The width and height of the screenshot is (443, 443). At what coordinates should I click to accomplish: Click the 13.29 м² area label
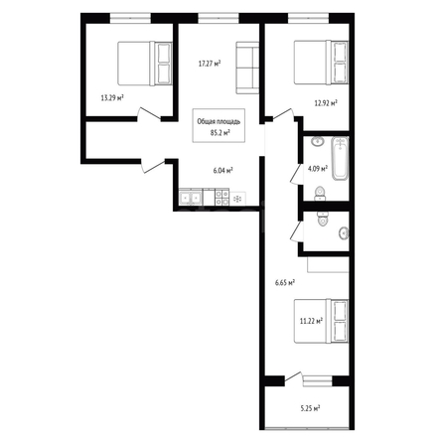[112, 97]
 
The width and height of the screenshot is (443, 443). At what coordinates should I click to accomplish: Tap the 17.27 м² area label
[210, 64]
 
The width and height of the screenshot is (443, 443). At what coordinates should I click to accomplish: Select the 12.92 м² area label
[326, 103]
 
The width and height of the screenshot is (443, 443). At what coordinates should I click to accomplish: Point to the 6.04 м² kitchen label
[222, 171]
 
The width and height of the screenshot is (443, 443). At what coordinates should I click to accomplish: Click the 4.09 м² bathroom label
[318, 169]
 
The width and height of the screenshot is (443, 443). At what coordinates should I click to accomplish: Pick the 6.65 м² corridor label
[285, 283]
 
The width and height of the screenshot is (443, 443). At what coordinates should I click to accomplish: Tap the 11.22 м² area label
[311, 321]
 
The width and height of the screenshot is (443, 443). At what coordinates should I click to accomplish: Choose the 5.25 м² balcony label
[310, 408]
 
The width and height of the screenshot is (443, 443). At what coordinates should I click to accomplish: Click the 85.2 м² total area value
[221, 133]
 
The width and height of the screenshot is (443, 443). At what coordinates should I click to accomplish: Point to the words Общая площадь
[219, 122]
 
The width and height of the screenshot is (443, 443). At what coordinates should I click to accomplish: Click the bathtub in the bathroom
[340, 158]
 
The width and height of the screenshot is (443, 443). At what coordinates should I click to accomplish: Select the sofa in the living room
[247, 68]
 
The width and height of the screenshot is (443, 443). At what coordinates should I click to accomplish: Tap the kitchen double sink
[191, 198]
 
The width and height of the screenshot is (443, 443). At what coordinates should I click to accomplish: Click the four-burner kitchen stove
[221, 198]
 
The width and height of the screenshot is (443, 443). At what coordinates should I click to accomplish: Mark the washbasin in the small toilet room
[344, 232]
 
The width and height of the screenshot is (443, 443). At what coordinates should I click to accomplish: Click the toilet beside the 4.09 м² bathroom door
[320, 194]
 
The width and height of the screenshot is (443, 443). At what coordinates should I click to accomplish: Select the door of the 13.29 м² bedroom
[150, 114]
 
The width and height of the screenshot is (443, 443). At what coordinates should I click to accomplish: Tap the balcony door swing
[294, 377]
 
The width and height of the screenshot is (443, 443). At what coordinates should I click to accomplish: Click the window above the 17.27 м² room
[219, 18]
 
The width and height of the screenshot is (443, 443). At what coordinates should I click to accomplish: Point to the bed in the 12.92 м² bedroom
[321, 63]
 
